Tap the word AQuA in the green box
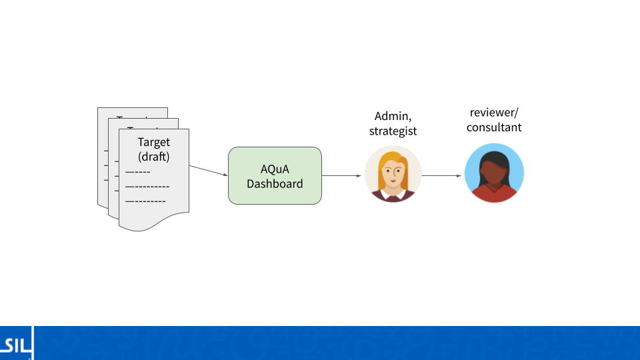pyautogui.click(x=275, y=169)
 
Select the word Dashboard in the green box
pyautogui.click(x=275, y=183)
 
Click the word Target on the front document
pyautogui.click(x=153, y=142)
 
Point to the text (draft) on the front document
pyautogui.click(x=153, y=157)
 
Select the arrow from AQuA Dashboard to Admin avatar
pyautogui.click(x=343, y=176)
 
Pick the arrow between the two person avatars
pyautogui.click(x=442, y=176)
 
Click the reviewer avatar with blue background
pyautogui.click(x=494, y=173)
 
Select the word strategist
pyautogui.click(x=393, y=131)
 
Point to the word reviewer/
pyautogui.click(x=494, y=111)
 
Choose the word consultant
pyautogui.click(x=494, y=127)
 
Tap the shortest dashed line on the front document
pyautogui.click(x=137, y=172)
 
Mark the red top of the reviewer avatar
pyautogui.click(x=494, y=194)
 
